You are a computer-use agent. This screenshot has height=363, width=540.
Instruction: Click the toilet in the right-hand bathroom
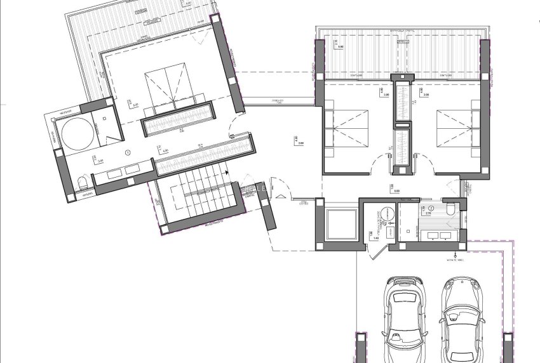tap(450, 209)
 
